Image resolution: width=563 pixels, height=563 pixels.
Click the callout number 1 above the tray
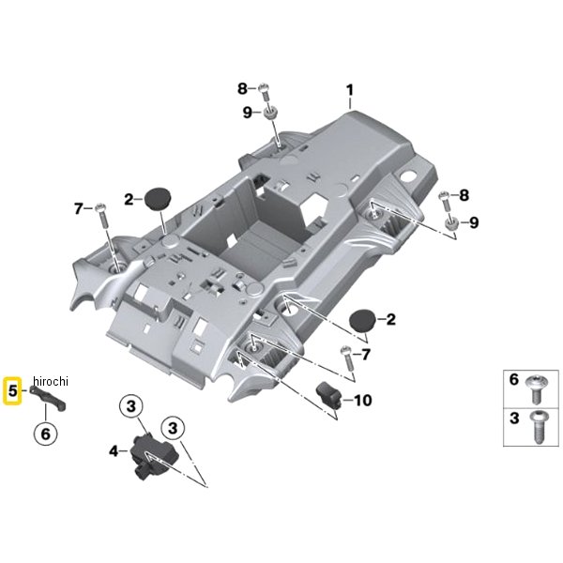(349, 91)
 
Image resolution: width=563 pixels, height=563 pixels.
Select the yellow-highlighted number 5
(13, 390)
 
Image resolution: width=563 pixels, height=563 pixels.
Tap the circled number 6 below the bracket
(44, 434)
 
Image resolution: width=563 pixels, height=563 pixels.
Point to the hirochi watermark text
(51, 379)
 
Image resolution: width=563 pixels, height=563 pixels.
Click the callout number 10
(361, 401)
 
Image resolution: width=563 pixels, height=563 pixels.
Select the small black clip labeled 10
(328, 395)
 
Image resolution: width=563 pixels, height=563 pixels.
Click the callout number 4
(114, 451)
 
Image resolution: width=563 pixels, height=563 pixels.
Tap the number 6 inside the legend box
(513, 381)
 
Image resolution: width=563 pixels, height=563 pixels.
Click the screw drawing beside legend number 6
(540, 384)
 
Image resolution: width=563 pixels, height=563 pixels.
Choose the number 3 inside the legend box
(513, 418)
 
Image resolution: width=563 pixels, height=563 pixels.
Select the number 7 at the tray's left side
(79, 207)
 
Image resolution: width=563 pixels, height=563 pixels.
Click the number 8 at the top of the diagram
(241, 89)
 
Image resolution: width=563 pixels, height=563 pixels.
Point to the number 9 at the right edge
(474, 222)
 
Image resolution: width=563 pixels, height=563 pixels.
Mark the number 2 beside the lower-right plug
(390, 320)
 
